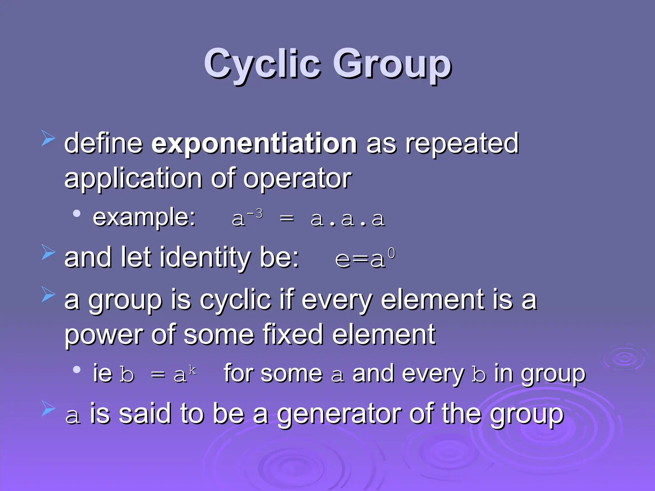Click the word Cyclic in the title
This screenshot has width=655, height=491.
point(262,64)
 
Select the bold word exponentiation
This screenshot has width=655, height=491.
point(254,144)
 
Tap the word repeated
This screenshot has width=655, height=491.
point(462,144)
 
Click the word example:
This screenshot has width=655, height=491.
point(144,217)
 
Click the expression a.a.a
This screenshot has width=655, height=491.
point(348,219)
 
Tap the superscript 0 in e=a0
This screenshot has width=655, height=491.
point(391,254)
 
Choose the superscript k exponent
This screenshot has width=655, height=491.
point(192,370)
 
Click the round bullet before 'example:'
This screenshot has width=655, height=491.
point(76,214)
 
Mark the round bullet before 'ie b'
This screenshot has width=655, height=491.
point(76,370)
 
